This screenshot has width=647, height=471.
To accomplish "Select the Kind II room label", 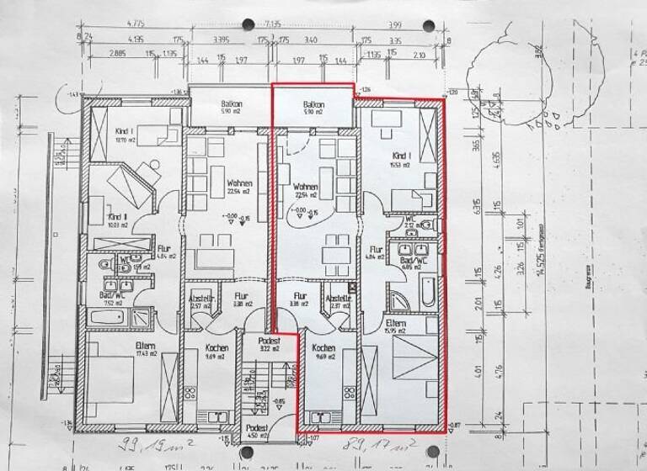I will (116, 220).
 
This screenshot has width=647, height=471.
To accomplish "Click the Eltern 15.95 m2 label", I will (395, 325).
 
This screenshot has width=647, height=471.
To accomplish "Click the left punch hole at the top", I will (250, 24).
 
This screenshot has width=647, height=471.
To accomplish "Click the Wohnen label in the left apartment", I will (217, 185).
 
